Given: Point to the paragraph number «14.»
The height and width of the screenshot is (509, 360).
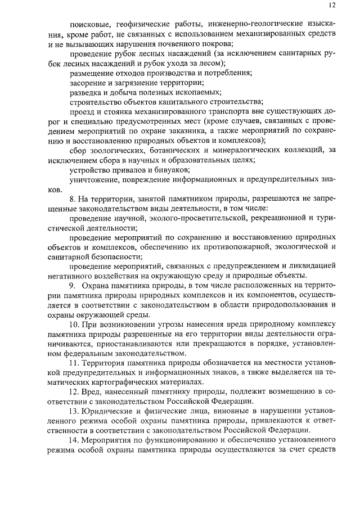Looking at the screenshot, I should [x=75, y=450].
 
